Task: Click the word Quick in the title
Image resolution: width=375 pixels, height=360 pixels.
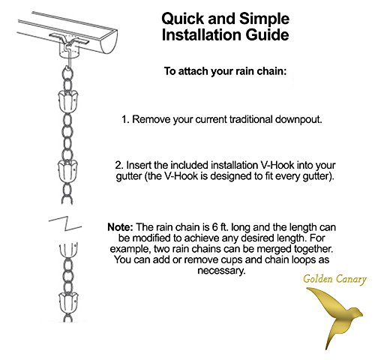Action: click(183, 19)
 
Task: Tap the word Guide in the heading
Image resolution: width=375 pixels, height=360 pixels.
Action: click(267, 34)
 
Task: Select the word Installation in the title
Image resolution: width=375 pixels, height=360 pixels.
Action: click(202, 34)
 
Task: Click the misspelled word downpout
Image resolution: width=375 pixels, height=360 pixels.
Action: click(298, 119)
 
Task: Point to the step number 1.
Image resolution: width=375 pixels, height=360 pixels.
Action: click(125, 119)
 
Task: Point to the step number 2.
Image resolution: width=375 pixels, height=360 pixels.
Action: click(119, 165)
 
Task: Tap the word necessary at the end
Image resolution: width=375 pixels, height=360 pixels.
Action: click(221, 271)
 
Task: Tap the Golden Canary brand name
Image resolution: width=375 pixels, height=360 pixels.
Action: click(334, 279)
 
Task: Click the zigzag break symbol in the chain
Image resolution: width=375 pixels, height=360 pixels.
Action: click(65, 223)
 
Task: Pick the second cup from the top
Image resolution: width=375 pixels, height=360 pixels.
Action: click(67, 171)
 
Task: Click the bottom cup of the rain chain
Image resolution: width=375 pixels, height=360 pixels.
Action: click(68, 303)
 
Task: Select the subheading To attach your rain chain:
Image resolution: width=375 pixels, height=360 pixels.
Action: click(225, 71)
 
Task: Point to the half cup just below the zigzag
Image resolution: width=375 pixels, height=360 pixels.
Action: click(68, 250)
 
